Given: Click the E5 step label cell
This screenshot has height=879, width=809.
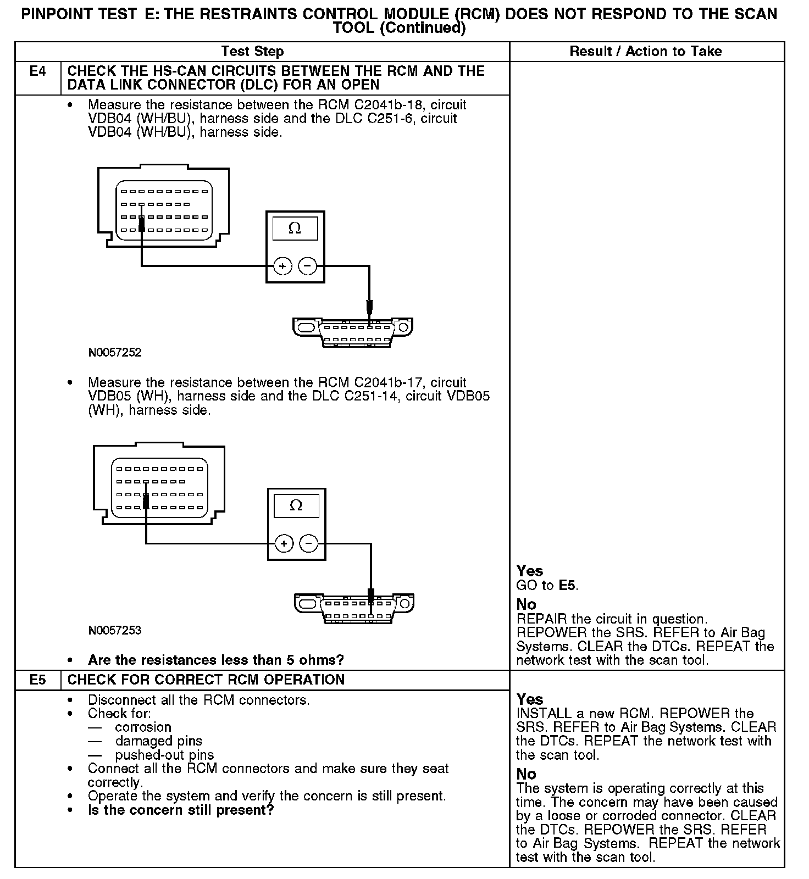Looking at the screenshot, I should (x=37, y=680).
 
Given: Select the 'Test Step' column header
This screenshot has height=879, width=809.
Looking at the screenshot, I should (x=252, y=52).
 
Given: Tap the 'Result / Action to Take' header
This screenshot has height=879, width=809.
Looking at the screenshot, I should (x=646, y=52).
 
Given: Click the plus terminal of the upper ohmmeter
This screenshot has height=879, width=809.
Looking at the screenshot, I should (x=282, y=267).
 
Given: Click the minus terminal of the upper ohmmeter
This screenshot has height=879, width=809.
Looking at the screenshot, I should (x=307, y=267).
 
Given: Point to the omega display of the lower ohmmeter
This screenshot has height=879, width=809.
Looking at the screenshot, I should (x=296, y=505).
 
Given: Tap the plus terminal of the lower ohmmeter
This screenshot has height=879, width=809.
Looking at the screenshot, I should (x=284, y=544).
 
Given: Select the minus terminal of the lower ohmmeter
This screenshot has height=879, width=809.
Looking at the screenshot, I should (x=309, y=544).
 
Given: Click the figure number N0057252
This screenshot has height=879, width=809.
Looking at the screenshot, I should (x=115, y=353).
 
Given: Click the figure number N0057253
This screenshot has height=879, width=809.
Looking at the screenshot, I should (x=115, y=630).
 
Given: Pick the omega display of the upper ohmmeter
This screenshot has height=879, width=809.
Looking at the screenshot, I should (x=295, y=229).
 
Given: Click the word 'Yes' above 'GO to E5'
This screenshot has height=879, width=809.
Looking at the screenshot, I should (x=530, y=571).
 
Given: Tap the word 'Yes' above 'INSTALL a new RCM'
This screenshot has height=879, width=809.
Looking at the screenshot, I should (x=530, y=699).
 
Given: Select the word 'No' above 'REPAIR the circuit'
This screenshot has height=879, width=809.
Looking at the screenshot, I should (x=526, y=604).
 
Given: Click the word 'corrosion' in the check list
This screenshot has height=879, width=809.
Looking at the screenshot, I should (x=143, y=727).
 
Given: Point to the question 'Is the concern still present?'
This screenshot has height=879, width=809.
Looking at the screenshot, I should (x=181, y=810).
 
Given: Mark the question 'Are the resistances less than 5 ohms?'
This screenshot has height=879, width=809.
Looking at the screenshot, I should (x=216, y=659).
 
